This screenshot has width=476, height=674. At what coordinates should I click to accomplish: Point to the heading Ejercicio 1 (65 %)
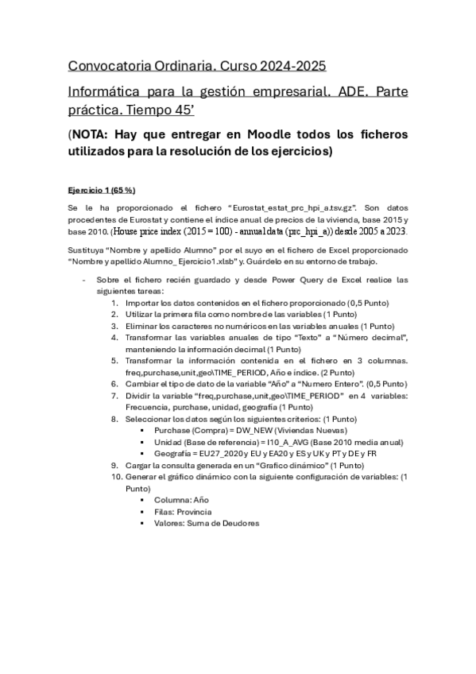102,190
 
